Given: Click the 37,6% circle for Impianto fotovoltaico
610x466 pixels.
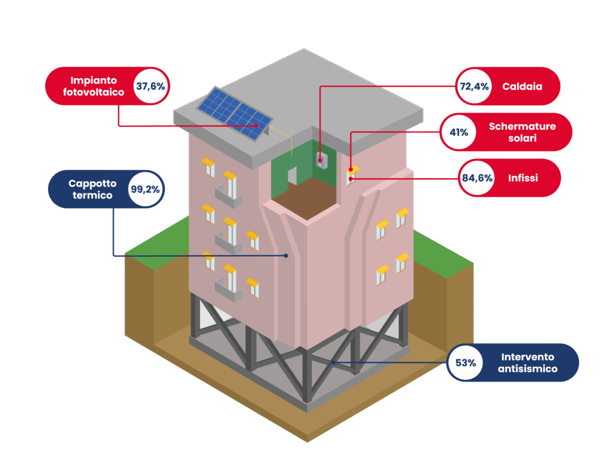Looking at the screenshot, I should pyautogui.click(x=150, y=86).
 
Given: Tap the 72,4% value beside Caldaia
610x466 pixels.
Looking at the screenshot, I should pyautogui.click(x=474, y=86).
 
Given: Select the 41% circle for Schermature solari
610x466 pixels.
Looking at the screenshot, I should pyautogui.click(x=459, y=132).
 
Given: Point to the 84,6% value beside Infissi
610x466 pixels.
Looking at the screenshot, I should pyautogui.click(x=477, y=178).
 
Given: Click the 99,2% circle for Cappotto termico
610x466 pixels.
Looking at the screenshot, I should pyautogui.click(x=144, y=189).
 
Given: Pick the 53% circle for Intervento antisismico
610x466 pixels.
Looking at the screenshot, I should pyautogui.click(x=465, y=362).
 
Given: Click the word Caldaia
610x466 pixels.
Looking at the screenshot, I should pyautogui.click(x=522, y=86).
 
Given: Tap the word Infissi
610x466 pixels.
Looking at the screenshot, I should pyautogui.click(x=524, y=178).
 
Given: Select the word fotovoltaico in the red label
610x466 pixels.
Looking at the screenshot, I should pyautogui.click(x=94, y=92).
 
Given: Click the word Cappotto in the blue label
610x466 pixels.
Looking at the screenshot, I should pyautogui.click(x=92, y=184).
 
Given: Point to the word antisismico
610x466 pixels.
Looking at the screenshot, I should pyautogui.click(x=528, y=369).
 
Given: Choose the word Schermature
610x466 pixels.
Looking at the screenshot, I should pyautogui.click(x=522, y=126).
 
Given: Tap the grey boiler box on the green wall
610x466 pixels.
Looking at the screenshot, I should pyautogui.click(x=321, y=159).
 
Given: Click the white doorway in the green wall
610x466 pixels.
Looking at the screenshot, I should pyautogui.click(x=292, y=175).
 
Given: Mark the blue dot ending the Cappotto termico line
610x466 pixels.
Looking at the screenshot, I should pyautogui.click(x=286, y=256).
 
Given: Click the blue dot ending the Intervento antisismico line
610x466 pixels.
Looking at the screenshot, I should pyautogui.click(x=334, y=362).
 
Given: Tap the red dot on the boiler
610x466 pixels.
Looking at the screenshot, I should pyautogui.click(x=320, y=160).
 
